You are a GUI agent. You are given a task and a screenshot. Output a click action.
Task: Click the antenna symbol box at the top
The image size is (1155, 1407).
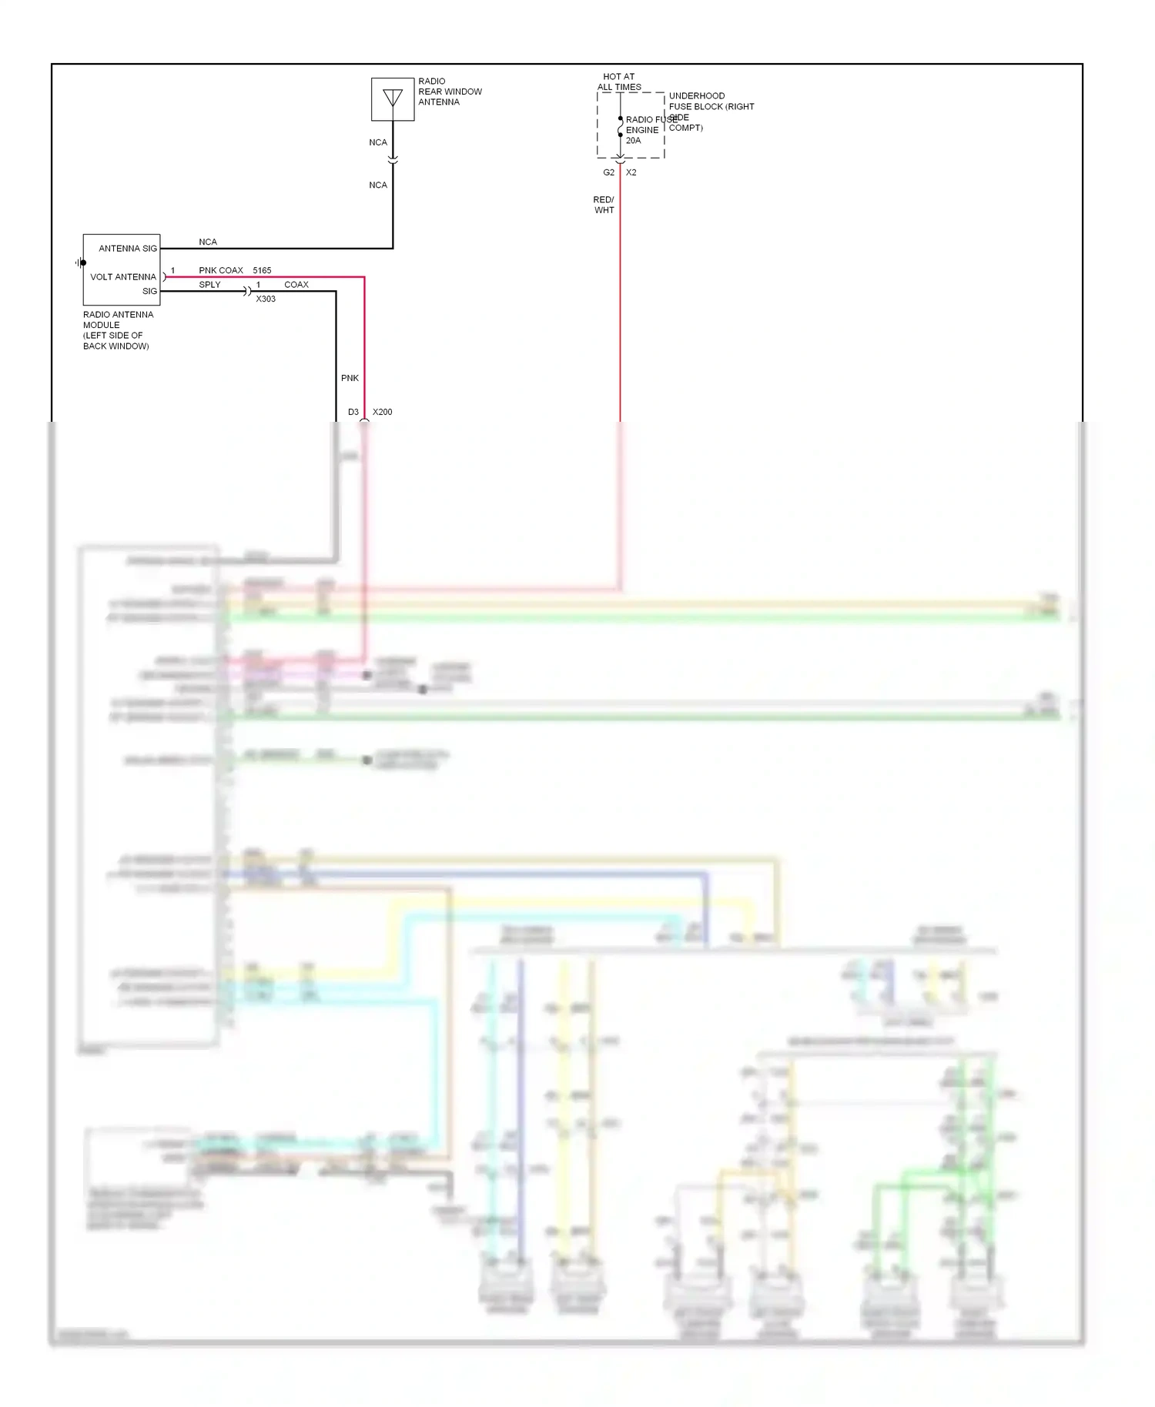click(x=393, y=99)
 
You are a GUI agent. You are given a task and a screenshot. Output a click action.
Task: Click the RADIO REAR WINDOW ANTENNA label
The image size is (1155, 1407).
click(x=450, y=92)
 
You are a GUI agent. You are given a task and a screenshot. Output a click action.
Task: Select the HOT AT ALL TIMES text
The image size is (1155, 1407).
click(x=619, y=82)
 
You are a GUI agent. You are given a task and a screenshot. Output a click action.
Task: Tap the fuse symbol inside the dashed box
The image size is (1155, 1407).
click(x=621, y=127)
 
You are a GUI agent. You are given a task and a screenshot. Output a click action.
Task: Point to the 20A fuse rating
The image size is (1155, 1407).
click(x=633, y=141)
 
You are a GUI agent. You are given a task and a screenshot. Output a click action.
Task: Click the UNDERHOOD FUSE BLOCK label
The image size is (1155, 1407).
click(x=711, y=107)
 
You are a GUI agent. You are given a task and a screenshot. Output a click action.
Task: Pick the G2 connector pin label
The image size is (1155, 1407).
click(x=608, y=172)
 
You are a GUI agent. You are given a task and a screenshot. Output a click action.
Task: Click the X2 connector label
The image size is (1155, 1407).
click(x=631, y=172)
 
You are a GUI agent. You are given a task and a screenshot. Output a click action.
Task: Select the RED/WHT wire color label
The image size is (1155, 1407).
click(x=604, y=205)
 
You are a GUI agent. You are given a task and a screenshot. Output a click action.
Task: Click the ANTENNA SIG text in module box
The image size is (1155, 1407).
click(x=128, y=249)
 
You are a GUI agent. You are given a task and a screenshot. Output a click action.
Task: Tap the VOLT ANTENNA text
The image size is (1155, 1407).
click(x=123, y=277)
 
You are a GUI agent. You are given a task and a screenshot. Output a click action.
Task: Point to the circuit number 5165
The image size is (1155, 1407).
click(x=262, y=270)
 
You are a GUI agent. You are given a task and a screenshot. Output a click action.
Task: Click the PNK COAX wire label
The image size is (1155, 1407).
click(x=221, y=270)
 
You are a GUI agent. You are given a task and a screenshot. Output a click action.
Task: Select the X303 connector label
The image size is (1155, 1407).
click(x=266, y=299)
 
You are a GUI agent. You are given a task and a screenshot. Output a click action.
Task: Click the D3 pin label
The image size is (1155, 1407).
click(x=353, y=412)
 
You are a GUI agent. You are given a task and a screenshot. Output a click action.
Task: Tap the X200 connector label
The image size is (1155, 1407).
click(x=383, y=412)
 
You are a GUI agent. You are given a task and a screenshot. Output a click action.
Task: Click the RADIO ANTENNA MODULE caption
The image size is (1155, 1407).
click(x=117, y=330)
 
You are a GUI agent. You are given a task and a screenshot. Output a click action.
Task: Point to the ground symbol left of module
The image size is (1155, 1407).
click(x=80, y=262)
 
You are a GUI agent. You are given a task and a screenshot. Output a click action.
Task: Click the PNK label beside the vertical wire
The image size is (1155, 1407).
click(x=350, y=378)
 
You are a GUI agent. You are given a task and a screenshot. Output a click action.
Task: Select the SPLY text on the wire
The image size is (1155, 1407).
click(x=209, y=285)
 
